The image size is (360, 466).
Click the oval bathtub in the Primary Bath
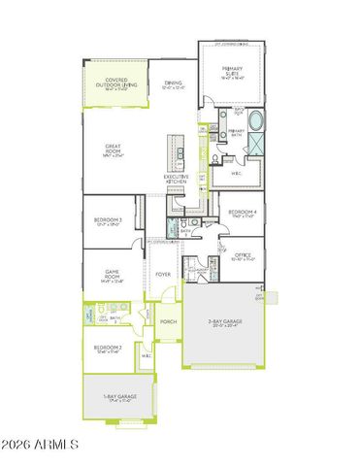coord(257,122)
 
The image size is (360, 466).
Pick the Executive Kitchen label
coord(176,179)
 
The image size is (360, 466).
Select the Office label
coord(244,256)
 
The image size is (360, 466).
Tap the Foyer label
coord(163,275)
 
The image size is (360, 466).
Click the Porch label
coord(167,322)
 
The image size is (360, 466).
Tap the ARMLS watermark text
coord(40,445)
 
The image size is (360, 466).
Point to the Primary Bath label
coord(235,133)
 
